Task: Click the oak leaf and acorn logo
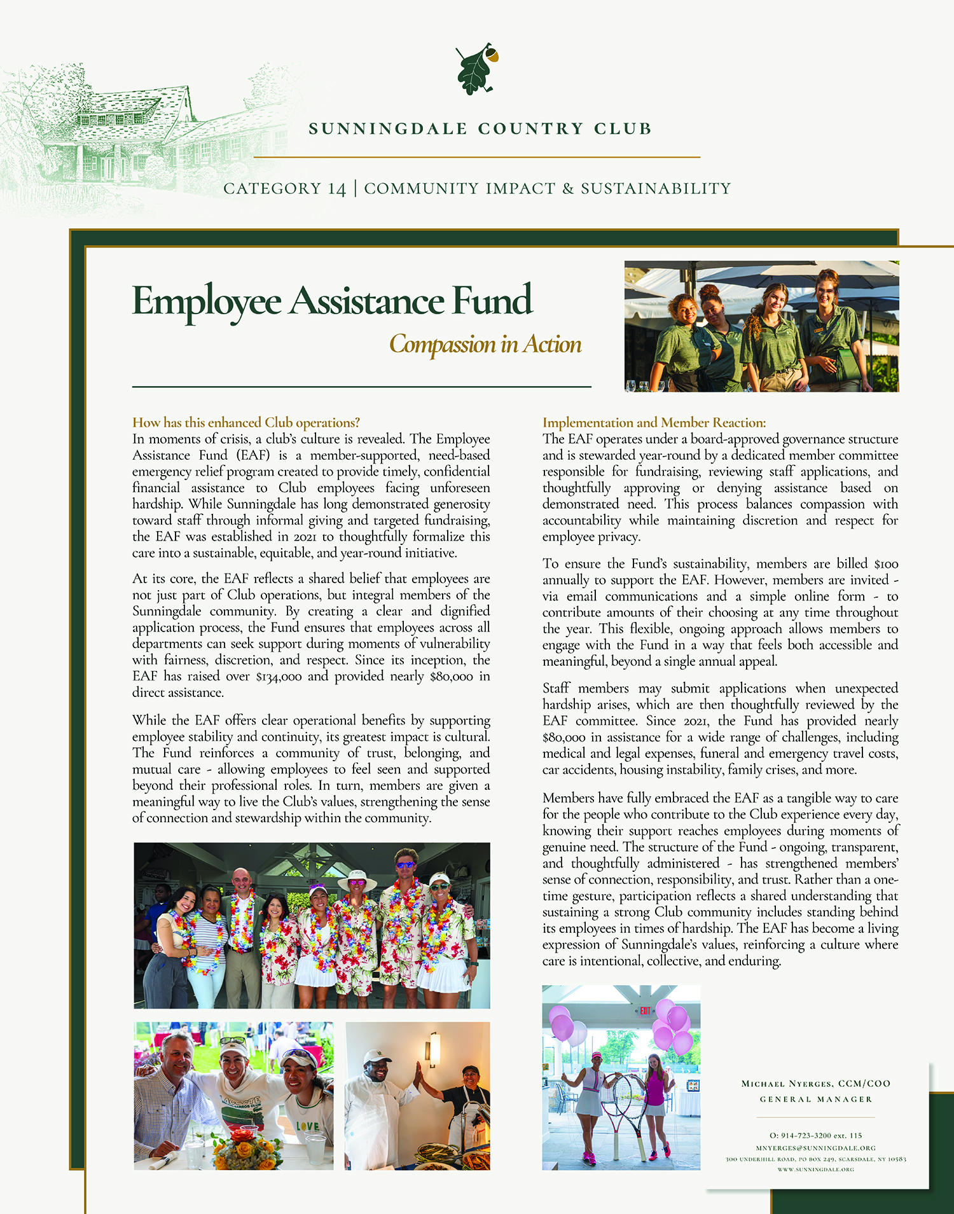tap(476, 70)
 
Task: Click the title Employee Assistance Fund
tap(331, 301)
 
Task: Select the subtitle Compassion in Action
tap(485, 344)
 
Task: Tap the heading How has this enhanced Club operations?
tap(245, 423)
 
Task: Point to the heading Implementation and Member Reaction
tap(654, 423)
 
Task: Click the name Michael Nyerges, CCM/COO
tap(815, 1084)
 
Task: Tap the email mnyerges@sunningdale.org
tap(815, 1148)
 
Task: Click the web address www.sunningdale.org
tap(815, 1169)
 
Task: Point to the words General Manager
tap(815, 1100)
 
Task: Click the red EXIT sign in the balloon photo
tap(645, 1011)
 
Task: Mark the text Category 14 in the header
tap(284, 189)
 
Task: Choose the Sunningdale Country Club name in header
tap(480, 129)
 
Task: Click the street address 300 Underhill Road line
tap(815, 1159)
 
